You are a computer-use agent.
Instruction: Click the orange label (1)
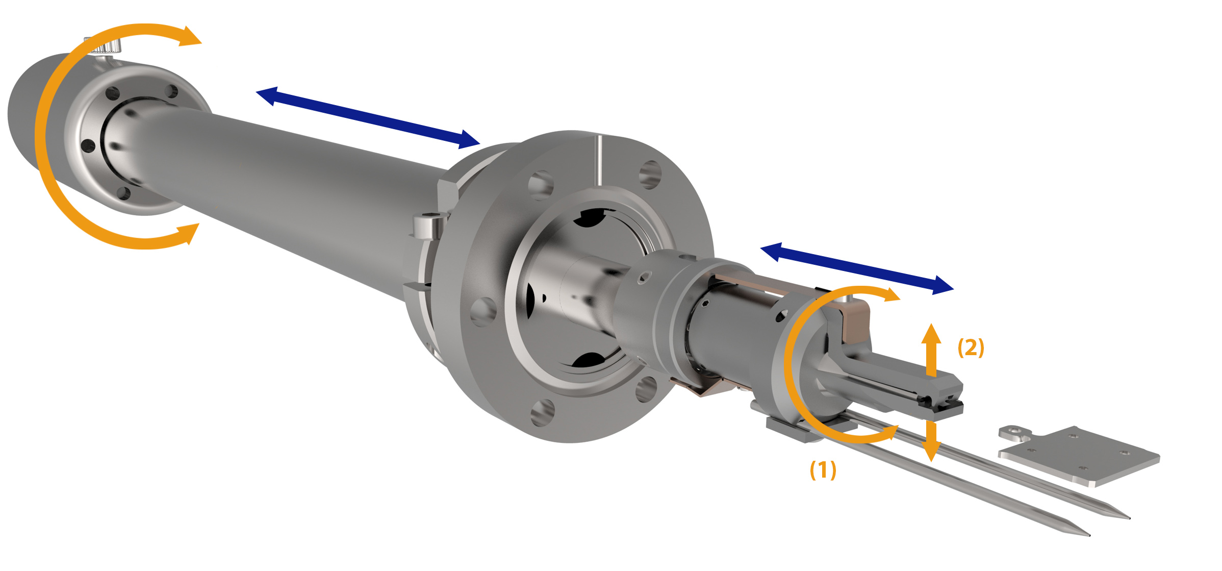coord(823,470)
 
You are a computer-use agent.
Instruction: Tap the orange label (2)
coord(971,347)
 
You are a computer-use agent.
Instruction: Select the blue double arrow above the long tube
coord(368,118)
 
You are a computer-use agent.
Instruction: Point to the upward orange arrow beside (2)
coord(931,350)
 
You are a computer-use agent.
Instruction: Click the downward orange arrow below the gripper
coord(931,441)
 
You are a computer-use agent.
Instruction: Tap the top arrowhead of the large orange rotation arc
coord(189,36)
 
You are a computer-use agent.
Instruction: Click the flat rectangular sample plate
coord(1079,456)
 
